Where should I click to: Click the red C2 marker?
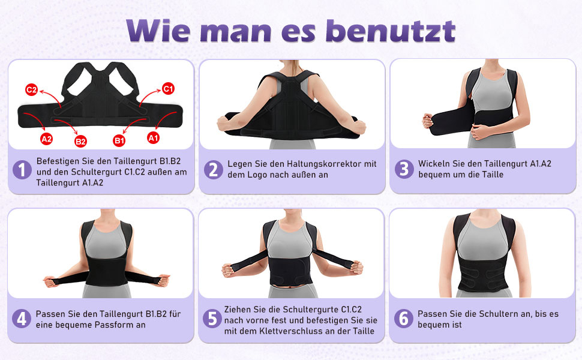coord(31,91)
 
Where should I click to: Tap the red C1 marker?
coord(169,89)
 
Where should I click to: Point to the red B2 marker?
coord(80,142)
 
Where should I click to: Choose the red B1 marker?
coord(119,140)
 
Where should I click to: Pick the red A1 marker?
coord(154,138)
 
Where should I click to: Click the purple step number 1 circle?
coord(22,170)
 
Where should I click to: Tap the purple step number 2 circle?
coord(213,170)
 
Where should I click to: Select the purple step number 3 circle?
coord(404,169)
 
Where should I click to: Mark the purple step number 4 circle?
coord(22,319)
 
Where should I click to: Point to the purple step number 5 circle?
coord(212,319)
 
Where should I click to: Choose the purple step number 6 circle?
coord(404,319)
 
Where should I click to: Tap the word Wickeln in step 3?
coord(435,164)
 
